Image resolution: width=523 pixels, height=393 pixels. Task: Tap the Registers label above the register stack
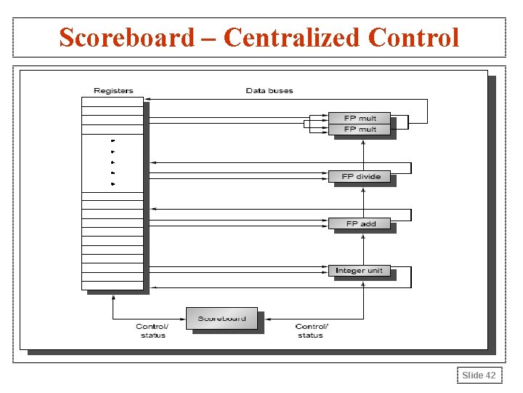[113, 90]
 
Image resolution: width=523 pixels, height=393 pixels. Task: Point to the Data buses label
[269, 90]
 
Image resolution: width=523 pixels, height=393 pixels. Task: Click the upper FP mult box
[360, 118]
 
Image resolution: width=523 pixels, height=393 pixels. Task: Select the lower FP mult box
[360, 129]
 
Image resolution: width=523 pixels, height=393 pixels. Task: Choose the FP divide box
[360, 176]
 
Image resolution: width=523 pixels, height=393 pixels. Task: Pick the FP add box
[360, 223]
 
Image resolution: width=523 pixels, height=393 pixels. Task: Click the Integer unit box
[360, 271]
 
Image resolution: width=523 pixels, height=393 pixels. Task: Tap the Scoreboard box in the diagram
[222, 318]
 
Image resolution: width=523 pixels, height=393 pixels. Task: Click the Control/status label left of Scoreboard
[152, 330]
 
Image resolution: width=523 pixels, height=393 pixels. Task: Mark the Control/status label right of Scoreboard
[311, 330]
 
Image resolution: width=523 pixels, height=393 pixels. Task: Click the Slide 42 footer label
[479, 375]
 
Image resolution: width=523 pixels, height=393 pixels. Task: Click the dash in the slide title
[209, 37]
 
